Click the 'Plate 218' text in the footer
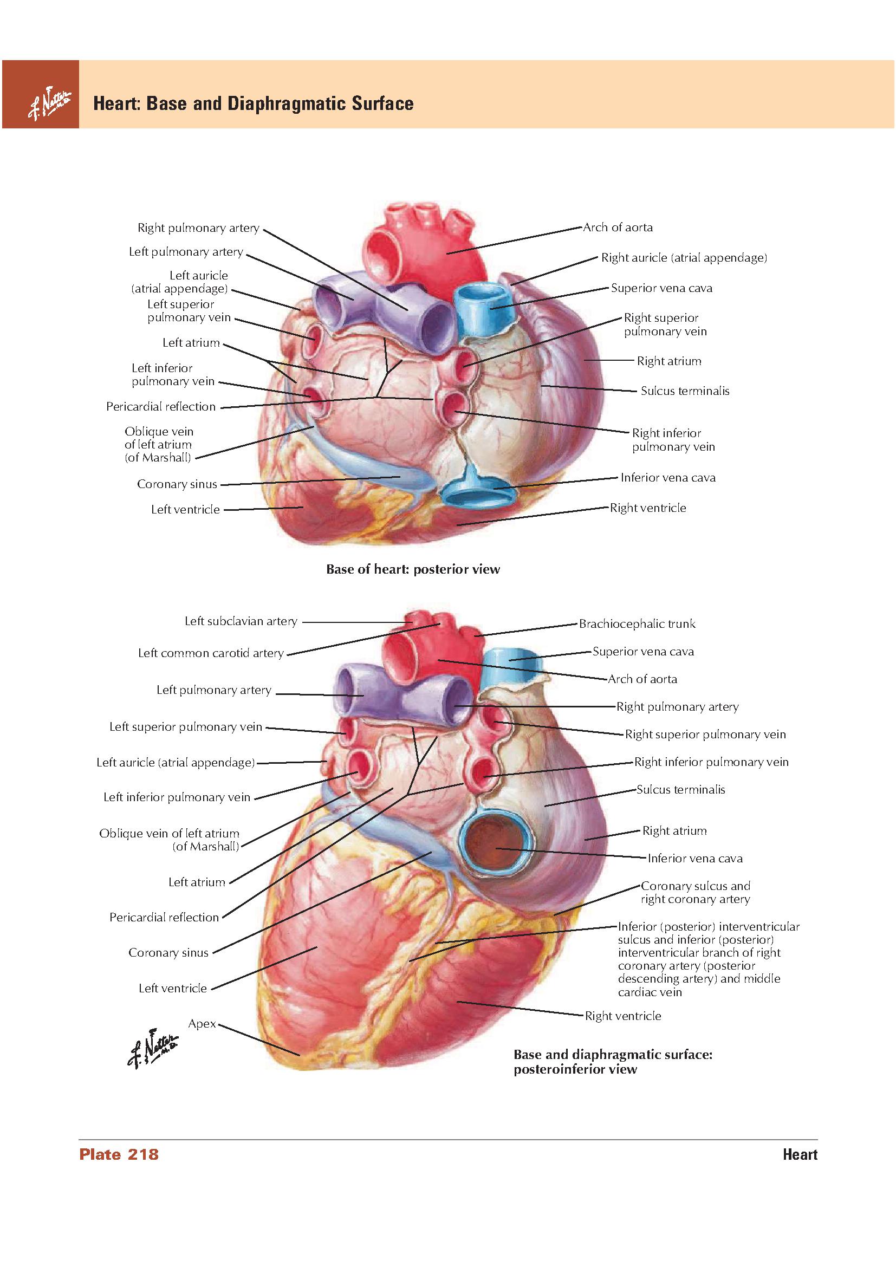click(x=119, y=1154)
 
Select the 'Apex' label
click(x=202, y=1024)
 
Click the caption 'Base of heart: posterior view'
click(x=413, y=569)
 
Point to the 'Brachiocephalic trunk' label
click(x=637, y=624)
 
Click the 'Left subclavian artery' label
click(x=241, y=621)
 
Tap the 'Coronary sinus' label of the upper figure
click(x=177, y=484)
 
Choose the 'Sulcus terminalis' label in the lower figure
click(x=681, y=790)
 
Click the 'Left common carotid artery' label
click(x=211, y=653)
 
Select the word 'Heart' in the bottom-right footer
click(x=800, y=1154)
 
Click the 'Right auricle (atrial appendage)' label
click(x=684, y=258)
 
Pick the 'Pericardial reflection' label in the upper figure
click(x=161, y=407)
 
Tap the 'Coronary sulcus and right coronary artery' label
click(x=696, y=892)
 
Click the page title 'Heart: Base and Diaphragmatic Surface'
click(x=253, y=103)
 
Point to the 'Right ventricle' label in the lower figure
click(x=623, y=1016)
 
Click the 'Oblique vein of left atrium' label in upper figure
click(x=159, y=444)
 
